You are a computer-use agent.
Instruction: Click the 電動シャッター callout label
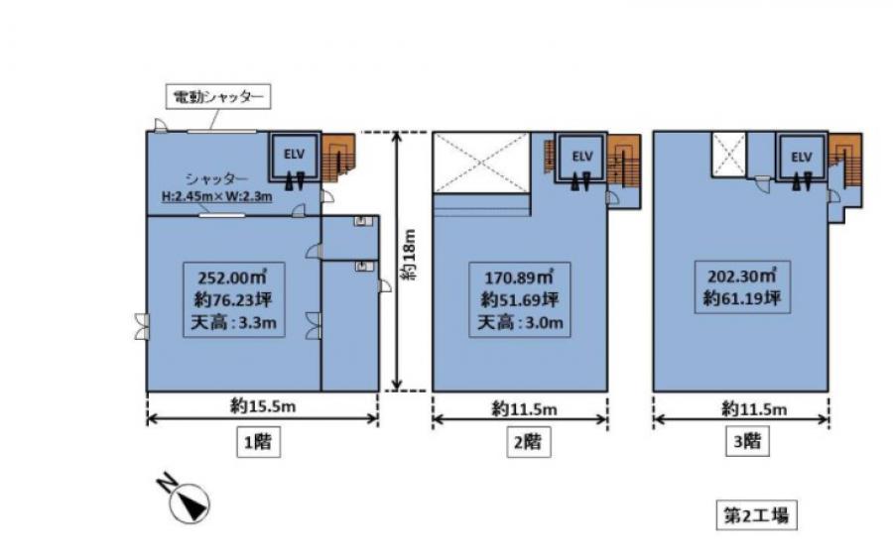218,97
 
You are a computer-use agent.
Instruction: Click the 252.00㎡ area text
232,278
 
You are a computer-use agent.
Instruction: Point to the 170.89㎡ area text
519,278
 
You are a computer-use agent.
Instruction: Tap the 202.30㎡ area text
742,276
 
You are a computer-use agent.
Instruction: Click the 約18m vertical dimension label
409,255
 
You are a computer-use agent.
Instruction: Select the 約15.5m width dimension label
263,405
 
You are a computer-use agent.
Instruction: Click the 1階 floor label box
259,442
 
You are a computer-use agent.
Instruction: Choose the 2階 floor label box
529,442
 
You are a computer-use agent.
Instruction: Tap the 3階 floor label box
747,441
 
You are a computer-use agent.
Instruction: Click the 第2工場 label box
756,515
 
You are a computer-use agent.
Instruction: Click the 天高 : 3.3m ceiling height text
233,323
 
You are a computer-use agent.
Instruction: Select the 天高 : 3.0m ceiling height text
520,322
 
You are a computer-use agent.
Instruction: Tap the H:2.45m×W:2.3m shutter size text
216,197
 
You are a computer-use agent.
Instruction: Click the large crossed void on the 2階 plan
482,164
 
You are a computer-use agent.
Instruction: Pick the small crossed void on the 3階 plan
729,155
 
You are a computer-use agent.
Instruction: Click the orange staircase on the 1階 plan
337,157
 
